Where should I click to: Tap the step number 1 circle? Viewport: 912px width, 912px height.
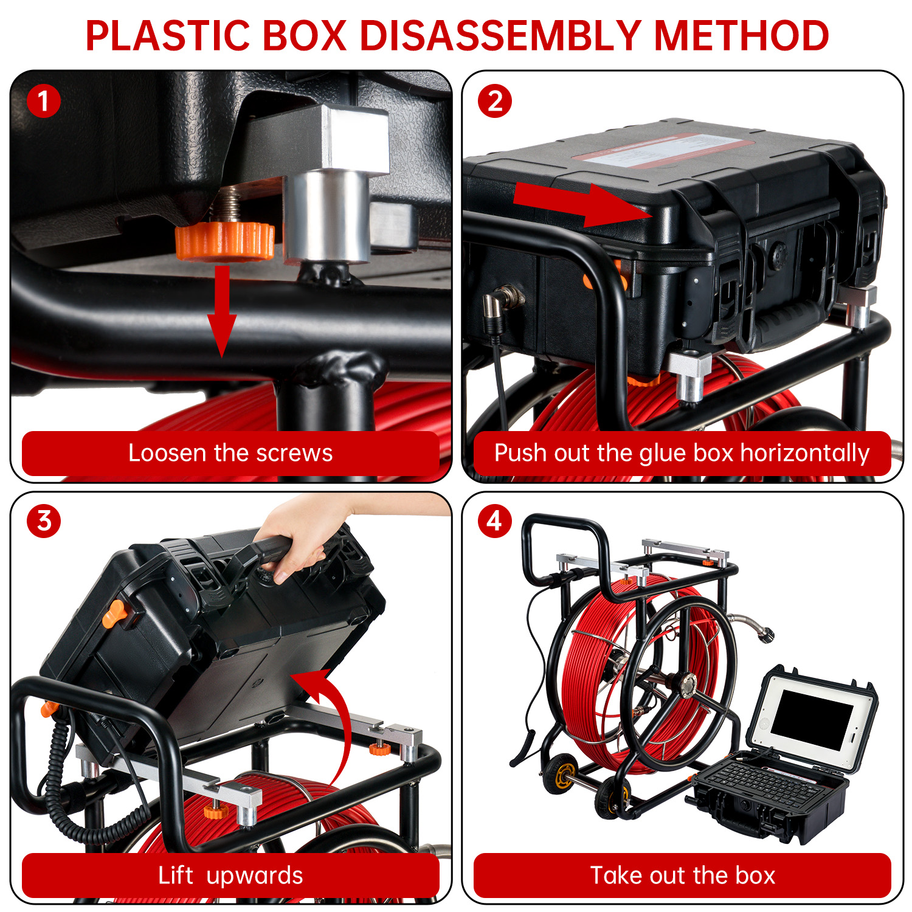(44, 101)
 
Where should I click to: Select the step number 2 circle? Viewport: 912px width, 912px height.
(495, 101)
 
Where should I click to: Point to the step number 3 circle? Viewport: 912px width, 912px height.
(44, 521)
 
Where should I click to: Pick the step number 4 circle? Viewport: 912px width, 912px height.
(495, 521)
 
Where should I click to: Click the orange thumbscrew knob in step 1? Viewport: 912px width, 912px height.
(225, 241)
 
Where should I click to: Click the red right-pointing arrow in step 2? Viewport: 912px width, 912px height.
(582, 204)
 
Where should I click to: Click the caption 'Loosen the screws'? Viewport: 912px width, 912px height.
(230, 453)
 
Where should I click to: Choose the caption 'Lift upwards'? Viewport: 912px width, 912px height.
(230, 876)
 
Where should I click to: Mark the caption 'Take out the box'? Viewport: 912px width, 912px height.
(683, 876)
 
